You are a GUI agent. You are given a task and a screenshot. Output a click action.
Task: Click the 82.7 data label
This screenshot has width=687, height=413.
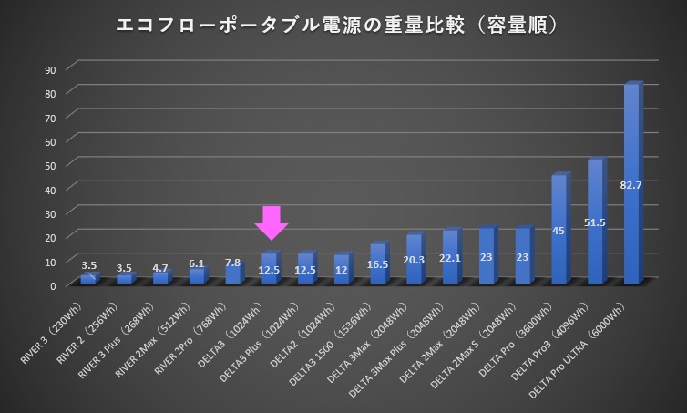coord(631,186)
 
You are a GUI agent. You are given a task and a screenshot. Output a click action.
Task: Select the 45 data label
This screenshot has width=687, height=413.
coord(559,231)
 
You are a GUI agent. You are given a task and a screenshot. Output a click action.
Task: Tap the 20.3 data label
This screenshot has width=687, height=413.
coord(415,258)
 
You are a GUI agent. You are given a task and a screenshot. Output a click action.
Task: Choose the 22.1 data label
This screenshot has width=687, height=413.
coord(450,258)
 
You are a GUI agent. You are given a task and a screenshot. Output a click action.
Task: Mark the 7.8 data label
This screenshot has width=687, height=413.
coord(234,263)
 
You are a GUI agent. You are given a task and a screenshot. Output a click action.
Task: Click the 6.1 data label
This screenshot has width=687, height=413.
coord(198,263)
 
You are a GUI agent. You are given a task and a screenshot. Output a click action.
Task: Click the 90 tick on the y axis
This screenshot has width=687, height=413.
coord(50,69)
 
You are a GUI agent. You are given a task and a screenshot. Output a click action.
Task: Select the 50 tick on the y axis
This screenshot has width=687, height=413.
coord(50,165)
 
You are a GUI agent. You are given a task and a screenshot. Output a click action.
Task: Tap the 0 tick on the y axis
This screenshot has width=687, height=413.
coord(53,285)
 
